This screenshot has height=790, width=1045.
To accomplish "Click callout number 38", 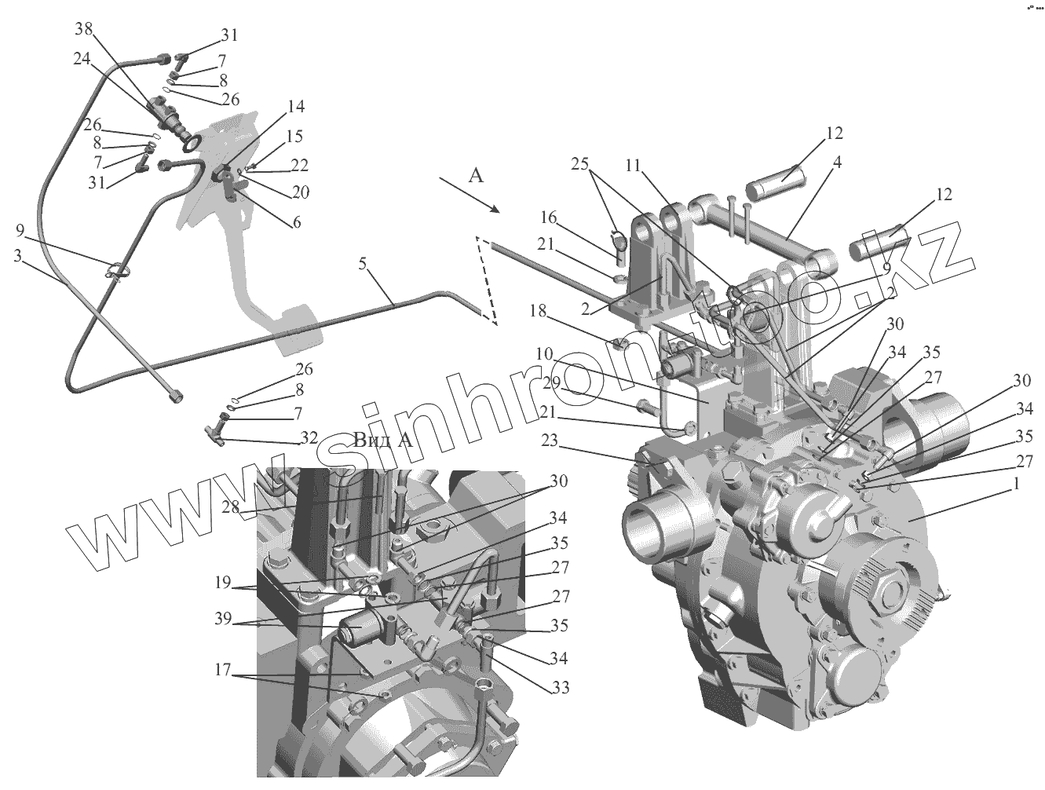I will [83, 30].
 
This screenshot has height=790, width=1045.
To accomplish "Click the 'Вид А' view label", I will [383, 439].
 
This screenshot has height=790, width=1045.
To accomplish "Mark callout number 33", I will [559, 689].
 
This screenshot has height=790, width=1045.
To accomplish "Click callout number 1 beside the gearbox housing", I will [1016, 485].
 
